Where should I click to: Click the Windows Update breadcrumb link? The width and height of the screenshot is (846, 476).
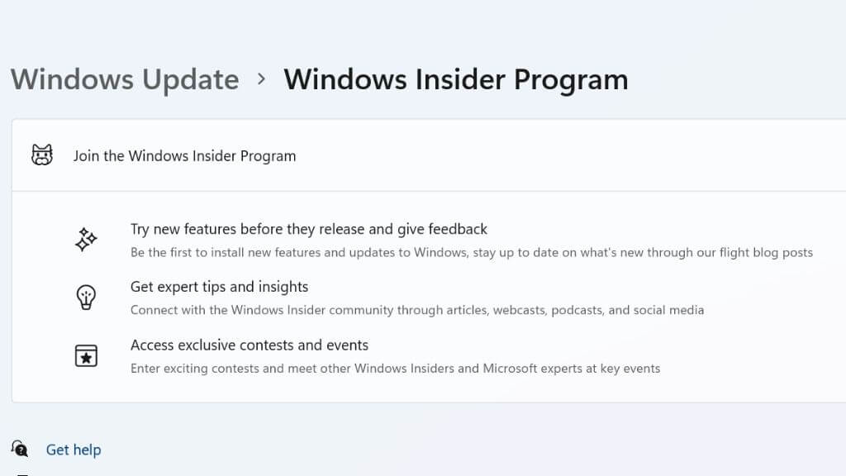(125, 80)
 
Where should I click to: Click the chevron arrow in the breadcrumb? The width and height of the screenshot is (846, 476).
(262, 79)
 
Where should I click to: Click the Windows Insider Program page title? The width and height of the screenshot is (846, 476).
(456, 80)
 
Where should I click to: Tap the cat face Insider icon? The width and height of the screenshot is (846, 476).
(42, 155)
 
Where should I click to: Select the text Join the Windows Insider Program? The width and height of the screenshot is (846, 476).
(184, 156)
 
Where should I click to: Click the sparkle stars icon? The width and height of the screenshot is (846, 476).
(86, 239)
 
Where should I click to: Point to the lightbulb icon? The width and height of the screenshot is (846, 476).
(86, 297)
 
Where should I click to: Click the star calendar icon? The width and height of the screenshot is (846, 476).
(86, 355)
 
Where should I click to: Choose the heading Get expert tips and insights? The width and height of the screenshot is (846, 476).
(219, 287)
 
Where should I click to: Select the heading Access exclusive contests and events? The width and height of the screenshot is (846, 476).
(250, 345)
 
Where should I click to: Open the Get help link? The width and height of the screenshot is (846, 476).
(74, 450)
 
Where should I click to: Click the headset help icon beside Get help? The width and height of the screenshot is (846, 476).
(20, 449)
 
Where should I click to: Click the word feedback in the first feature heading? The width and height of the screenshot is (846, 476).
(458, 230)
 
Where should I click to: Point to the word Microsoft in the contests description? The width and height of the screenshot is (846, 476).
(510, 369)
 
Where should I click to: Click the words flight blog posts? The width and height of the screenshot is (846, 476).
(767, 253)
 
